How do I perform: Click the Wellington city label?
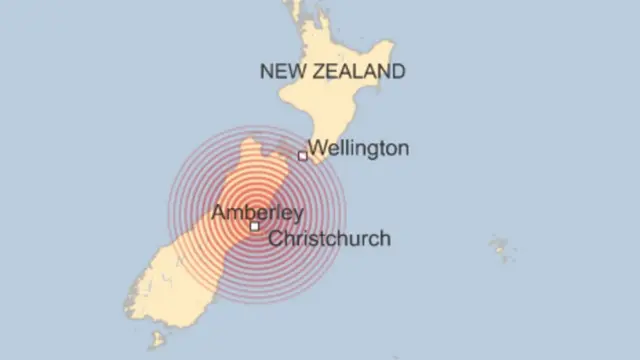(359, 149)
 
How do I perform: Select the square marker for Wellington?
(302, 156)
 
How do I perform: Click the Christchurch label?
(330, 239)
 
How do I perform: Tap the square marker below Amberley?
(255, 227)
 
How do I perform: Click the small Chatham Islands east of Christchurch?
(500, 247)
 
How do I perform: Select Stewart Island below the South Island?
(157, 339)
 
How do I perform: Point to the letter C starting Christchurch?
(277, 239)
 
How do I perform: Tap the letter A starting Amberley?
(217, 212)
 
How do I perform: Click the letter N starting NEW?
(266, 71)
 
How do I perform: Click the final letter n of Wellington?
(404, 149)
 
